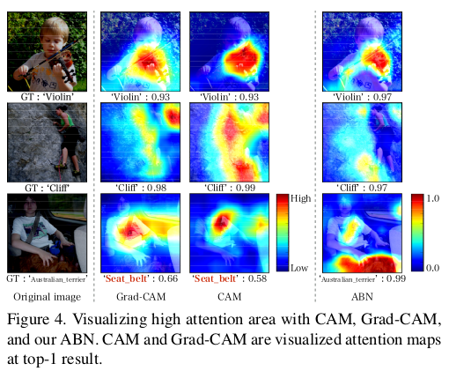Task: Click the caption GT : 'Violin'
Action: (x=48, y=97)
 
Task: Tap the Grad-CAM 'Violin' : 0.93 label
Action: (x=141, y=97)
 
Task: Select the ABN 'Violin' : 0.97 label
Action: (x=362, y=97)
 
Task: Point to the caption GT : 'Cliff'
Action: (x=48, y=188)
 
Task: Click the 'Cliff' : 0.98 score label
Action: (x=141, y=188)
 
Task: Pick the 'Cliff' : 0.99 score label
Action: (x=230, y=188)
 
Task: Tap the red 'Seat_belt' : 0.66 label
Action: (x=141, y=278)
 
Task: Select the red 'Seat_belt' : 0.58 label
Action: (x=230, y=278)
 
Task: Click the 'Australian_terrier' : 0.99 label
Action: (x=362, y=278)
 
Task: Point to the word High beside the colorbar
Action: (x=300, y=198)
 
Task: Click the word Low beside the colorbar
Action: (x=299, y=268)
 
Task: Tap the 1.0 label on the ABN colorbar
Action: (x=432, y=198)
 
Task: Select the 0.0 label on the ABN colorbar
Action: (x=432, y=268)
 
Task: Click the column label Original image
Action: (x=48, y=297)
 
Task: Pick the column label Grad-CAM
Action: (x=141, y=297)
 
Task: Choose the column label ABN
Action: (x=362, y=297)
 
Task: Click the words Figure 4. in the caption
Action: (x=36, y=319)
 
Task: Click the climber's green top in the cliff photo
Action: (x=68, y=120)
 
